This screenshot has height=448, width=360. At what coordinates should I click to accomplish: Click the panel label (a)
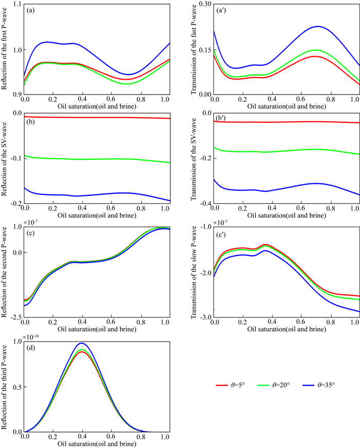tap(31, 11)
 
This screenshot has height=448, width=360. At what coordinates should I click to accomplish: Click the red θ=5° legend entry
tap(228, 384)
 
